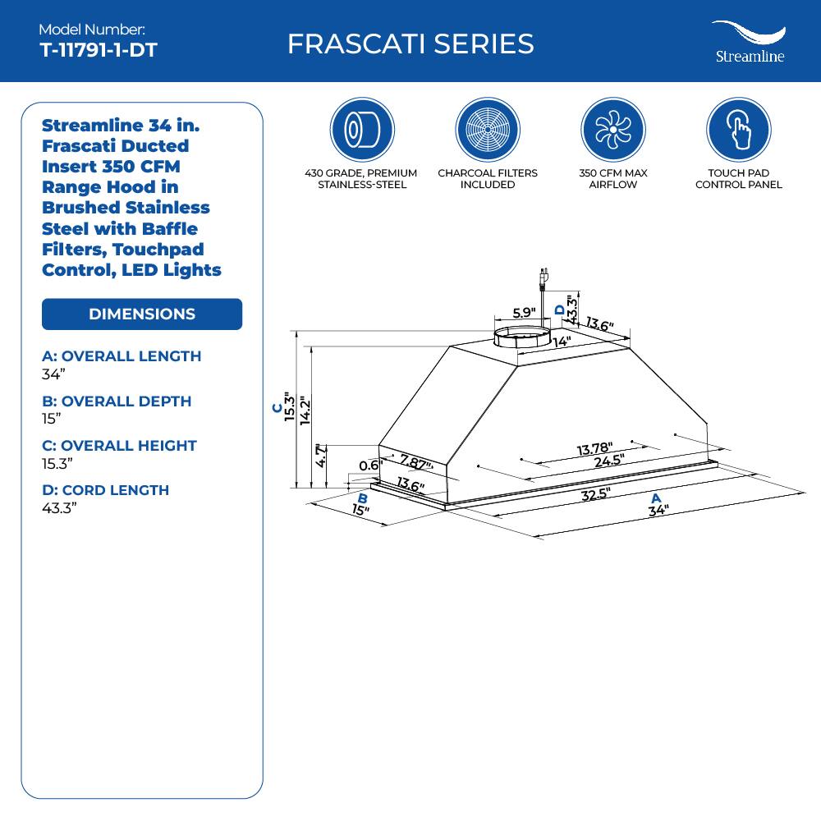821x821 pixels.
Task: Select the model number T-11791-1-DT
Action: tap(98, 50)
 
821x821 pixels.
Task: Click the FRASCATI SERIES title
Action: tap(410, 44)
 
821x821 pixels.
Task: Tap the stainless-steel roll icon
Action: tap(361, 129)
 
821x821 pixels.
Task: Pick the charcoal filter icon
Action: tap(487, 129)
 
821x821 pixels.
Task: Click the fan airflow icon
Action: tap(612, 129)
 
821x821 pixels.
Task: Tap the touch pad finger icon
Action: tap(738, 129)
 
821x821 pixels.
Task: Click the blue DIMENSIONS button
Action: tap(142, 314)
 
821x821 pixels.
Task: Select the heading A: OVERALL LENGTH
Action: tap(122, 356)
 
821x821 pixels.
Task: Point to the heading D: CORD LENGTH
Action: tap(105, 490)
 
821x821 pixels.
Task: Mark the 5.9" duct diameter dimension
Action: tap(524, 313)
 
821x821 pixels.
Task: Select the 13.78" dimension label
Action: tap(594, 448)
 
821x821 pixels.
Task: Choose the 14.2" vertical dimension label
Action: tap(305, 410)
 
